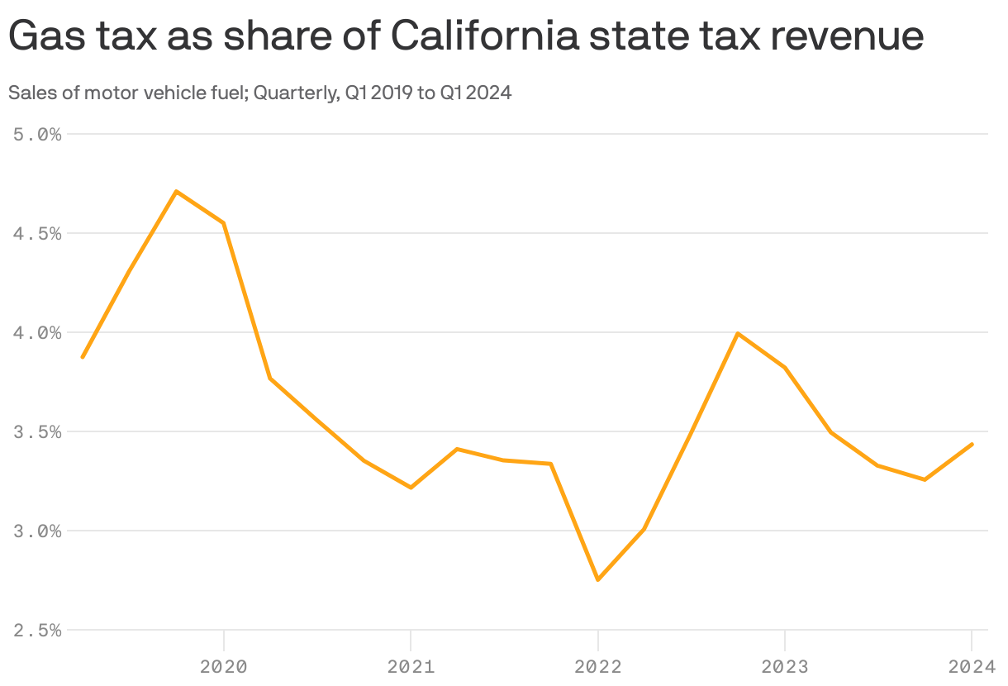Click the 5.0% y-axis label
(x=39, y=134)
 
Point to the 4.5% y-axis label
(x=39, y=233)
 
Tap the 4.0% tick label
(x=39, y=332)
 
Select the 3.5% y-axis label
(x=39, y=431)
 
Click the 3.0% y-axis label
(x=39, y=531)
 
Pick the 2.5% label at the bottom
(x=39, y=630)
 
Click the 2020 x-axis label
(x=224, y=667)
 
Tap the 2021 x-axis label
(x=411, y=667)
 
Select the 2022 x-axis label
(x=597, y=667)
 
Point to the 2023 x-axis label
(x=784, y=667)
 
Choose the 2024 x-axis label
(x=972, y=667)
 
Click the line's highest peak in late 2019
(x=177, y=192)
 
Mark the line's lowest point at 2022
(x=597, y=579)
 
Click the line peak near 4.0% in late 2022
(x=737, y=333)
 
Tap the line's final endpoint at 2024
(x=972, y=444)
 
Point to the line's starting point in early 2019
(x=83, y=357)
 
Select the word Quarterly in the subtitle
(x=296, y=93)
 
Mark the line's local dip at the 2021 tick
(x=411, y=488)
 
